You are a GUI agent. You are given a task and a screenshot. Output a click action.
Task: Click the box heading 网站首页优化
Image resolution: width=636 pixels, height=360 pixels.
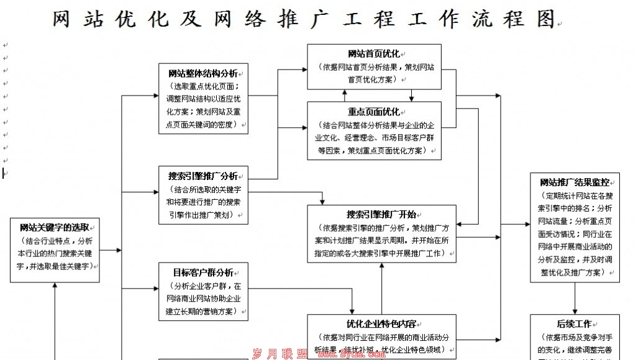coord(373,54)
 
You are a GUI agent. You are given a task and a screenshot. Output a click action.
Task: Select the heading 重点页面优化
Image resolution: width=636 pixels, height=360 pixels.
coord(373,112)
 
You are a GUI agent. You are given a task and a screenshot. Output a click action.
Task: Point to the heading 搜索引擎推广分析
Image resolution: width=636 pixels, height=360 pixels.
coord(202,176)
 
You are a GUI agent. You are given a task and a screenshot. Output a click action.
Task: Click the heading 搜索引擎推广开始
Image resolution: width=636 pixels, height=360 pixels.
coord(381,214)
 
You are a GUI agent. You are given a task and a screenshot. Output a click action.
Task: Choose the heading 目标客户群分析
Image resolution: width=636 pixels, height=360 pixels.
coord(202,272)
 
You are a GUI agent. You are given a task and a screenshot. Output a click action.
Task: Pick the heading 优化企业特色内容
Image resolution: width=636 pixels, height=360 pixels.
coord(381,324)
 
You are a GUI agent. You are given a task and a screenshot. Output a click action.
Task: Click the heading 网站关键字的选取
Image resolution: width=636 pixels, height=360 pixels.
coord(54,228)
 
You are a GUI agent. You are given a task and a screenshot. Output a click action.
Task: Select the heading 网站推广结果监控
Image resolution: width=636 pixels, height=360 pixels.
coord(574,182)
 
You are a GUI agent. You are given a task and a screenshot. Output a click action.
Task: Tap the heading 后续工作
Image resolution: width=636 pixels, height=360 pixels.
coord(574,324)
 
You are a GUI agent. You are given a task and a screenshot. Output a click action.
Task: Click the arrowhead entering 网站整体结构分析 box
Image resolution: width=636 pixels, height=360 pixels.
coord(156,96)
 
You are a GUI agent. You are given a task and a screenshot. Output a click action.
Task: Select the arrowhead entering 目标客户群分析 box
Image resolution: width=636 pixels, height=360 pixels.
coord(156,289)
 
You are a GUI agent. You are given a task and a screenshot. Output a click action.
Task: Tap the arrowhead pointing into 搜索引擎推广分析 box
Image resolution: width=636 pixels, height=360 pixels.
coord(156,192)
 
